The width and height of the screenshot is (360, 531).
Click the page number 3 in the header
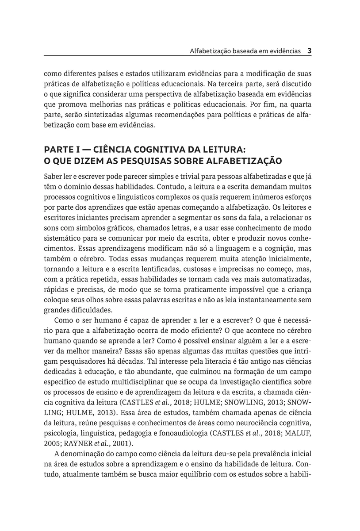coord(310,50)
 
